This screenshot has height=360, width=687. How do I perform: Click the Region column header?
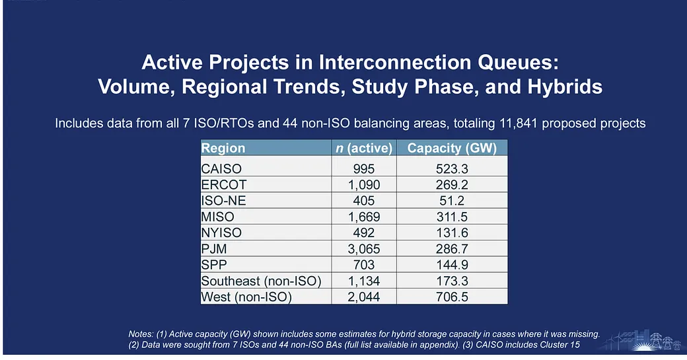click(x=223, y=148)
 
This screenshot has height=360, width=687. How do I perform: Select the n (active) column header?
click(x=364, y=148)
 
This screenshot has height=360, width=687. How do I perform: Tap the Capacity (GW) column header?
click(x=452, y=148)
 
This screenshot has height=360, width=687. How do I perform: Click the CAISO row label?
click(x=221, y=168)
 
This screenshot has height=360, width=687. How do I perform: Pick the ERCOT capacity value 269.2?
click(x=452, y=184)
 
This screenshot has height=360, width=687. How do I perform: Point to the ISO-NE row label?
click(x=223, y=201)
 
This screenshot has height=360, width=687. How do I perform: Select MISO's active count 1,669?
click(x=364, y=217)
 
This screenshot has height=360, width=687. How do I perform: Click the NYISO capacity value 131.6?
click(x=452, y=233)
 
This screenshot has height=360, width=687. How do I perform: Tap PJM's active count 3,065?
click(x=364, y=249)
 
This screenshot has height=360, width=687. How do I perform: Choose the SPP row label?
click(x=214, y=264)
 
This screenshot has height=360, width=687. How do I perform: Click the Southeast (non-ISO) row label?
click(x=261, y=281)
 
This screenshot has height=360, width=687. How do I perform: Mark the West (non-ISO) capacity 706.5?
click(x=452, y=297)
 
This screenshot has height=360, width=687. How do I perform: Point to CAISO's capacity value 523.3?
click(x=452, y=168)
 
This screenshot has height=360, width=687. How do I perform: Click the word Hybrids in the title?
click(x=565, y=87)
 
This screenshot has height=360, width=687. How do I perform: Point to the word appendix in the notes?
click(x=438, y=345)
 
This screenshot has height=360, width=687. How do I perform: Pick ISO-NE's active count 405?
click(x=364, y=201)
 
